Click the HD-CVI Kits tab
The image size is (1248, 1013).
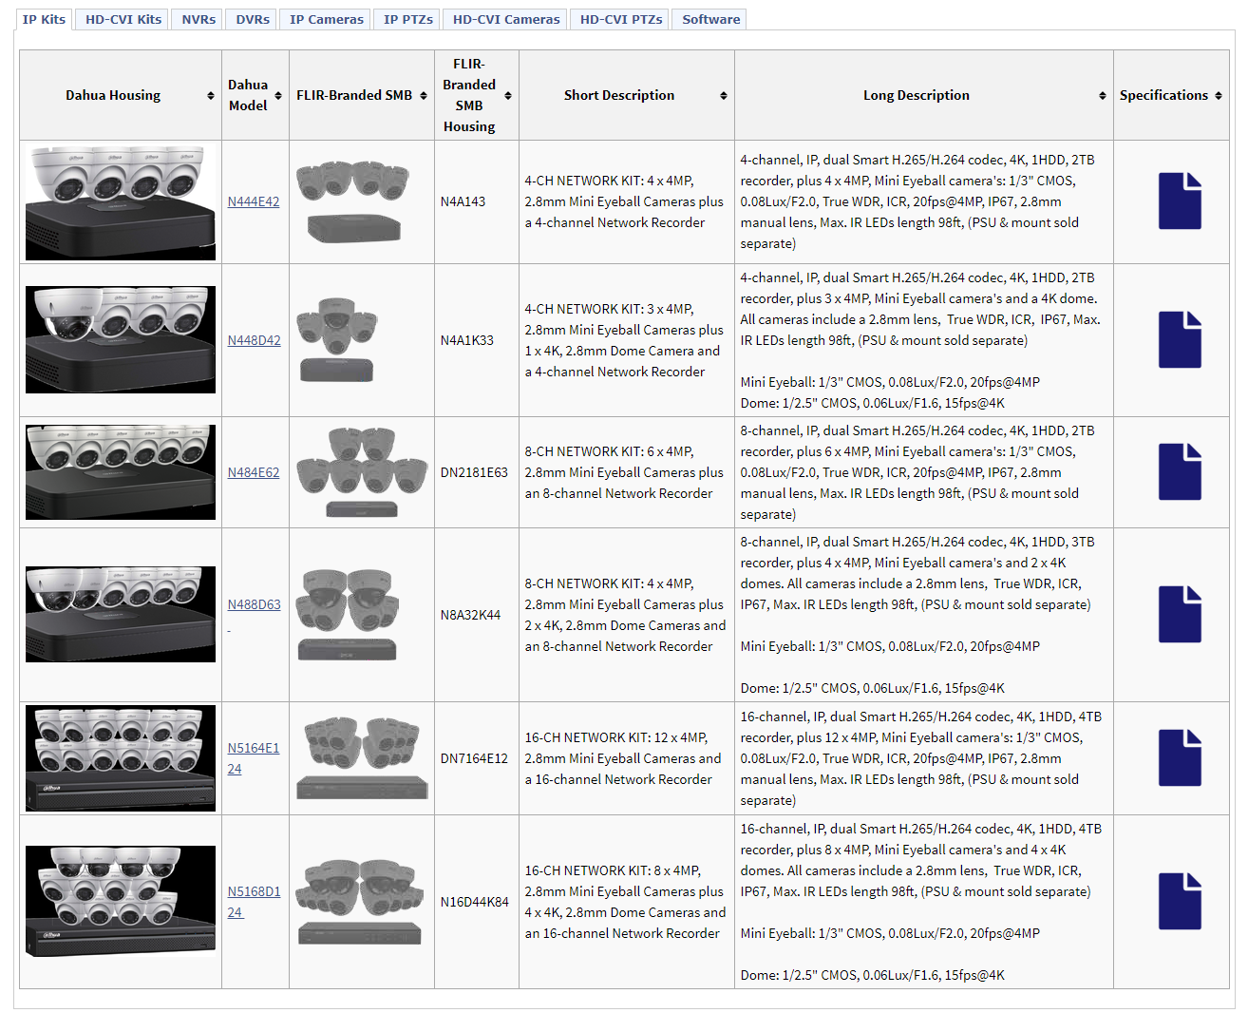point(123,19)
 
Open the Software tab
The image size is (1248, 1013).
point(710,19)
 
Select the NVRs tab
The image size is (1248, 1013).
point(199,19)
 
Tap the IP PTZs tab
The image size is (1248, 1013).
point(408,19)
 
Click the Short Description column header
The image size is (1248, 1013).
point(619,95)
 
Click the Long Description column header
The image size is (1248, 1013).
point(916,95)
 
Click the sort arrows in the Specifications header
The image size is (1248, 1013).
point(1219,96)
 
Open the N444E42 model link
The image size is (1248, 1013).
point(254,201)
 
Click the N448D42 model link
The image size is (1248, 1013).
point(255,340)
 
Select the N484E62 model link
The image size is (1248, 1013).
point(254,472)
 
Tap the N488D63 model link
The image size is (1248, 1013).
point(255,604)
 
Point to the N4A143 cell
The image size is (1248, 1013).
point(463,201)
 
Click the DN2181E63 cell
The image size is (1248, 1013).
point(474,472)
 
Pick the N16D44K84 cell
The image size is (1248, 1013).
point(475,902)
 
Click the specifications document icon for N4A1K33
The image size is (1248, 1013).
point(1180,339)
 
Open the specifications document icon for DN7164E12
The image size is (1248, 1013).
point(1180,757)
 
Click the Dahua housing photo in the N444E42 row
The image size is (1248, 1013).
point(121,202)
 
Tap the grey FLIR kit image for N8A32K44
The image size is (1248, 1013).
point(349,615)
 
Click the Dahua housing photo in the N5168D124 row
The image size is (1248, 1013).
point(121,901)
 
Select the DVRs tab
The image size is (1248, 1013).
point(253,19)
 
